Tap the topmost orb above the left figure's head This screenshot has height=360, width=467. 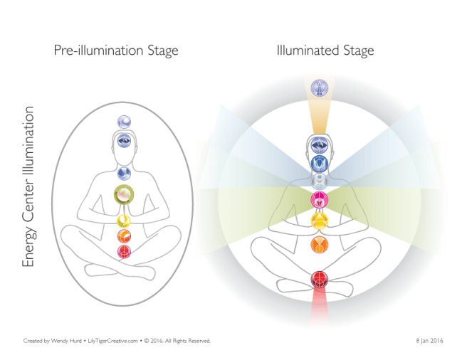click(124, 121)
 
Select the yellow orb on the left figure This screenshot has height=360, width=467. click(124, 221)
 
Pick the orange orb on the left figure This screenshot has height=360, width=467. click(124, 235)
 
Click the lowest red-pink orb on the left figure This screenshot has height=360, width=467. click(124, 251)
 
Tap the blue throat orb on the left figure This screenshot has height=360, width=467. click(124, 173)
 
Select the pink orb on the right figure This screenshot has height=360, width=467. click(318, 198)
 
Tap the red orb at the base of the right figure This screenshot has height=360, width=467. click(318, 279)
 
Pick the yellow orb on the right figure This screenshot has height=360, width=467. click(318, 221)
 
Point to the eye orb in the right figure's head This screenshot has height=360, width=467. click(318, 143)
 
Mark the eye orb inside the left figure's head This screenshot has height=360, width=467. click(124, 140)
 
